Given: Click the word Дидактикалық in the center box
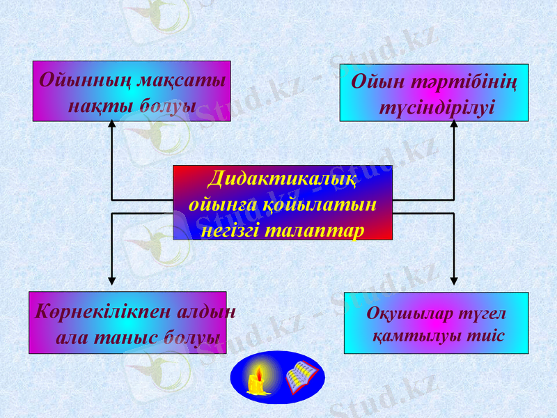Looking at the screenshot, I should tap(282, 179).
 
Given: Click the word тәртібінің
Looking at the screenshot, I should tap(468, 83).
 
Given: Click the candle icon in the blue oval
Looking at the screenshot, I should tap(257, 379).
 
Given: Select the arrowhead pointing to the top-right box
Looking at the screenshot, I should tap(454, 125).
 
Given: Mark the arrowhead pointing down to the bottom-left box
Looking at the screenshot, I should tap(111, 281).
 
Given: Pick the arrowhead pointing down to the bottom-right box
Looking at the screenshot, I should tap(454, 281).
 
